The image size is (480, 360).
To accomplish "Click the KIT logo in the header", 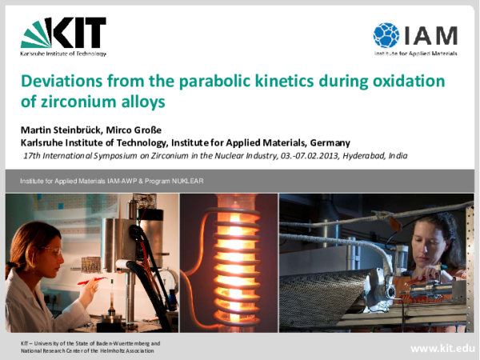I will tap(63, 33).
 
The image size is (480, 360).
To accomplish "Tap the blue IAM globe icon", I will tap(386, 35).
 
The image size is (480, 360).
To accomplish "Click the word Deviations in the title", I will tap(60, 82).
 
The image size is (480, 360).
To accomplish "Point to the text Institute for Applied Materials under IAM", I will tap(416, 54).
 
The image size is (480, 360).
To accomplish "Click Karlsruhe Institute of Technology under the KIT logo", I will tap(63, 54).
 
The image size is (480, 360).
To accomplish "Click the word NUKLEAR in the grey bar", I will tap(188, 182).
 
